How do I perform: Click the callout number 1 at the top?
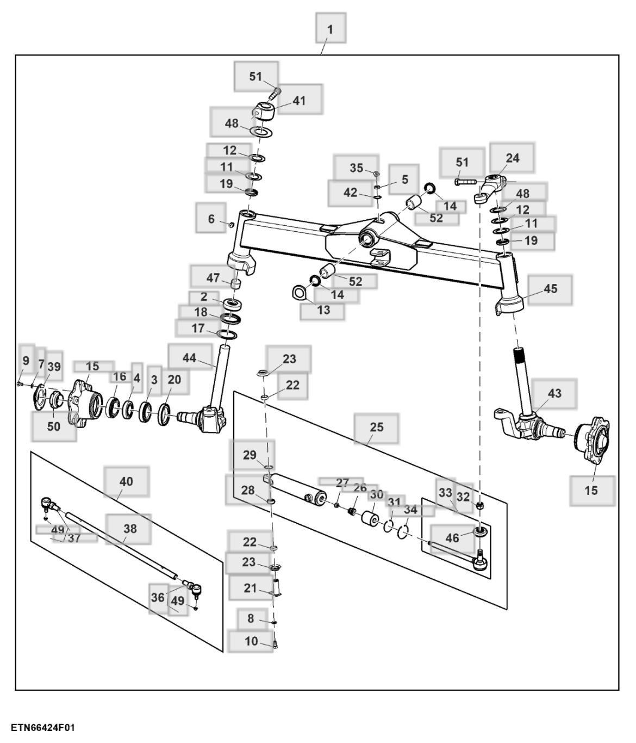pyautogui.click(x=330, y=29)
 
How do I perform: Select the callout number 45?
pyautogui.click(x=550, y=289)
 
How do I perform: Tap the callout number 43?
pyautogui.click(x=554, y=393)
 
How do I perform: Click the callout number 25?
pyautogui.click(x=376, y=428)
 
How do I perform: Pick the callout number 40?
pyautogui.click(x=126, y=481)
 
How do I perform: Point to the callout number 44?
pyautogui.click(x=189, y=358)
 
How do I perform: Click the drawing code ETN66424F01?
pyautogui.click(x=42, y=728)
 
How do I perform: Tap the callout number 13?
pyautogui.click(x=323, y=311)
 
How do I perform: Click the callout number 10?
pyautogui.click(x=251, y=641)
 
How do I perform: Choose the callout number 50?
pyautogui.click(x=53, y=426)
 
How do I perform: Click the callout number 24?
pyautogui.click(x=512, y=158)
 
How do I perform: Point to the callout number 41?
pyautogui.click(x=299, y=101)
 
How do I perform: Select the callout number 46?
pyautogui.click(x=452, y=538)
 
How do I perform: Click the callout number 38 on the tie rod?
pyautogui.click(x=130, y=529)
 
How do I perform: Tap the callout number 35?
pyautogui.click(x=356, y=168)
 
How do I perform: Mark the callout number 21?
pyautogui.click(x=250, y=588)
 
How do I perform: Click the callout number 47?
pyautogui.click(x=213, y=278)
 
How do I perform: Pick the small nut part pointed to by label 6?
pyautogui.click(x=232, y=224)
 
